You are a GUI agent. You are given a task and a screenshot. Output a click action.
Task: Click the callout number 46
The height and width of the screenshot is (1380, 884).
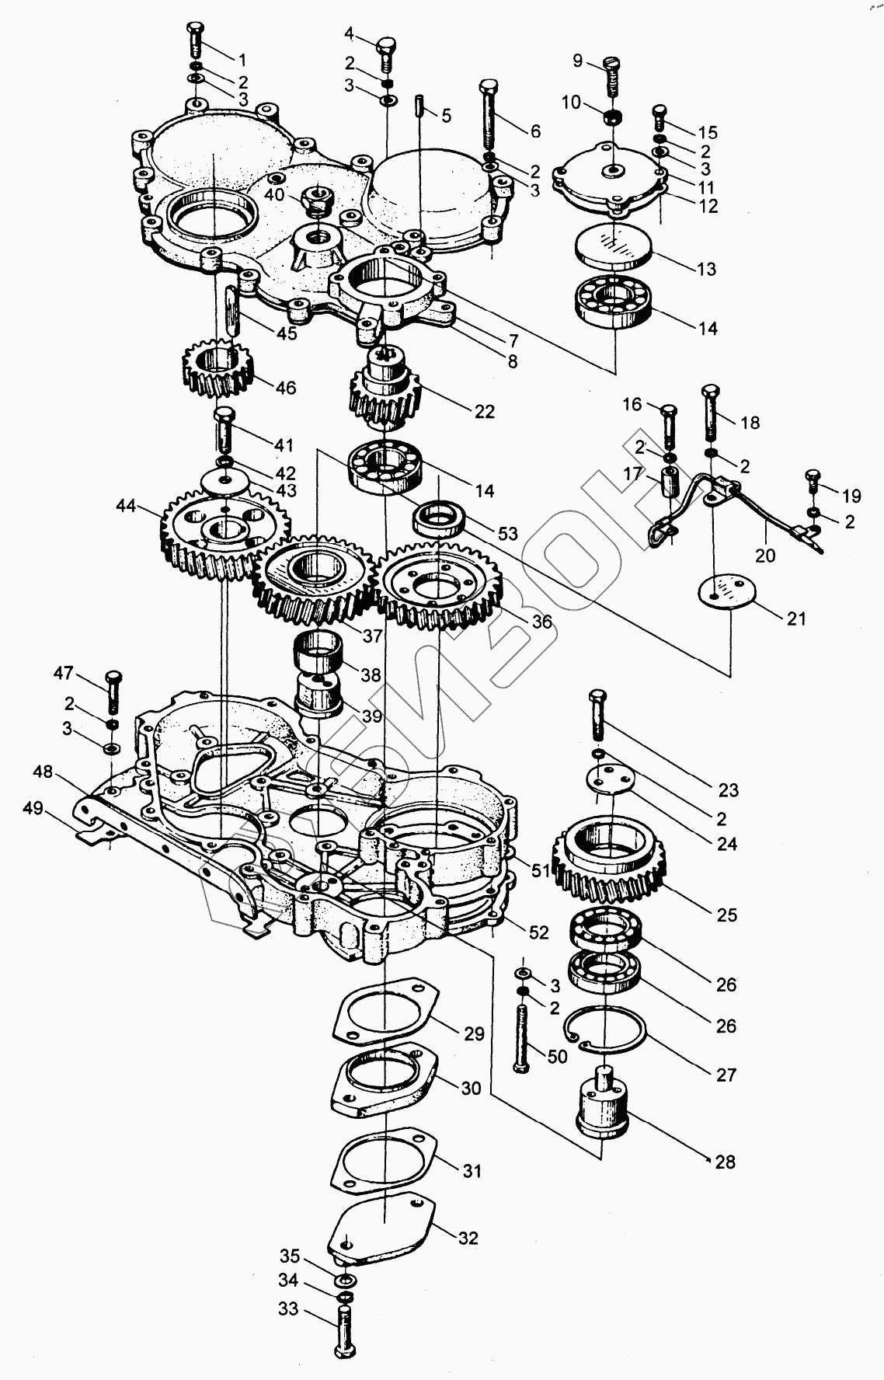(286, 387)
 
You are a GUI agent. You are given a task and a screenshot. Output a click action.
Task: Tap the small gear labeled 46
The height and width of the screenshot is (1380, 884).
(220, 371)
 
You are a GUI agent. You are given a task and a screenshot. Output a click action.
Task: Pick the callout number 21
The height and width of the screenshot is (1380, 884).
(796, 619)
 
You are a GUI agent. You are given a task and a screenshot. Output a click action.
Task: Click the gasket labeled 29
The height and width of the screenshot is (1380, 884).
(385, 1012)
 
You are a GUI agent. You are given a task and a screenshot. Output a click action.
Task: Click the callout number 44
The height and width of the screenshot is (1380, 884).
(126, 507)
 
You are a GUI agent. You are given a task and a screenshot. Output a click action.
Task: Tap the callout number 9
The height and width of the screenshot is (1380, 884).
(577, 61)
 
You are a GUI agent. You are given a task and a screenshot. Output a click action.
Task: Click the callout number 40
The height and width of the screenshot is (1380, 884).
(273, 196)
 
